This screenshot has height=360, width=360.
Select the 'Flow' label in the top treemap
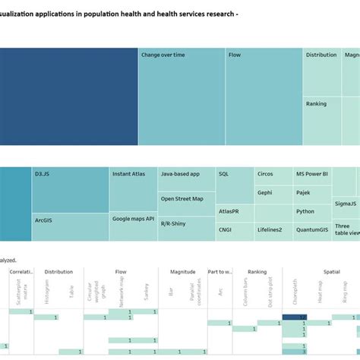(235, 55)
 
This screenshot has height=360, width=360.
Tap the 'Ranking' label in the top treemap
(317, 103)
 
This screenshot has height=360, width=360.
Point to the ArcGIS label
(44, 220)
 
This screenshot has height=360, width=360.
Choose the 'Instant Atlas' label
(130, 174)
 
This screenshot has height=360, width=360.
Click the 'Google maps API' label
(133, 219)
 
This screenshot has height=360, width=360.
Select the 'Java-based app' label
(181, 174)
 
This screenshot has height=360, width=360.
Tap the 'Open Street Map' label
(182, 199)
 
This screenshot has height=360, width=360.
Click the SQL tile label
(224, 174)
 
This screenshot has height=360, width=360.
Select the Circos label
(265, 174)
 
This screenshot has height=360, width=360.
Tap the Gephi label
(265, 193)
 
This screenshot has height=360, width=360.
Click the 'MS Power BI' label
(312, 174)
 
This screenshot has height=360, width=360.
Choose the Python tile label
(305, 212)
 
